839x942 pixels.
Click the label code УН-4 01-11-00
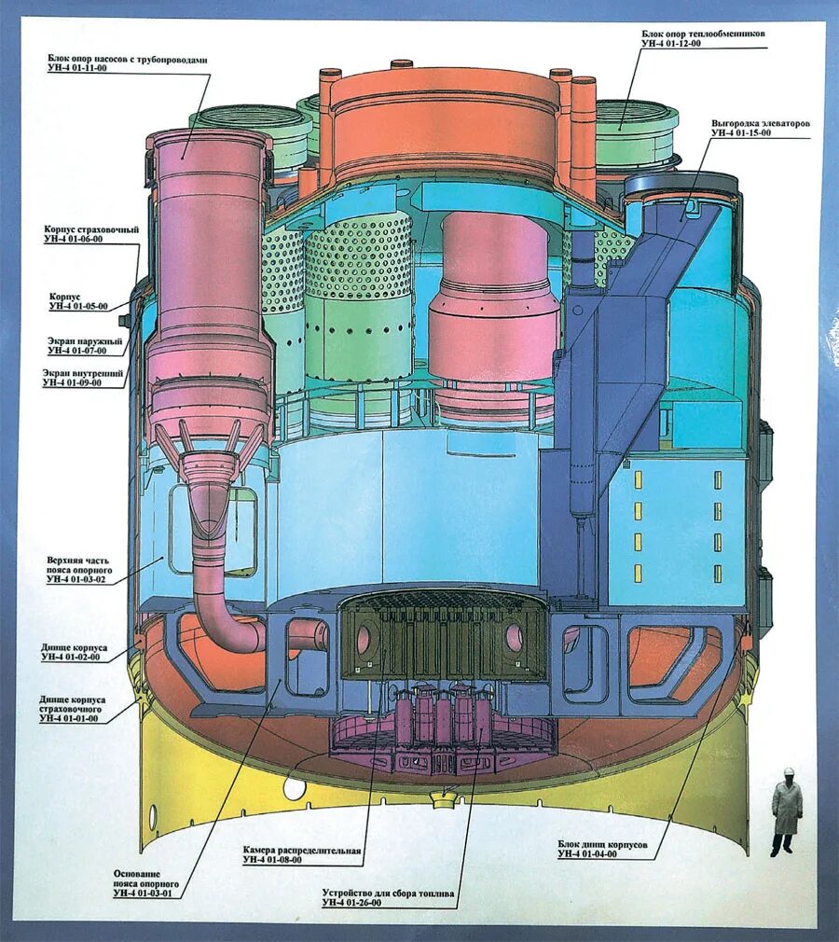click(x=79, y=69)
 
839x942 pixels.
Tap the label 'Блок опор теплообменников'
click(x=703, y=33)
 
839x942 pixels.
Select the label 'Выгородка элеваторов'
click(x=760, y=123)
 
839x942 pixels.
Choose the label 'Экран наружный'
click(x=86, y=340)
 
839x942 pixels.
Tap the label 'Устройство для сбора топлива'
click(x=388, y=892)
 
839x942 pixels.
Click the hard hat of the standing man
click(x=788, y=771)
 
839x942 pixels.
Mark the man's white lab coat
click(x=787, y=808)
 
